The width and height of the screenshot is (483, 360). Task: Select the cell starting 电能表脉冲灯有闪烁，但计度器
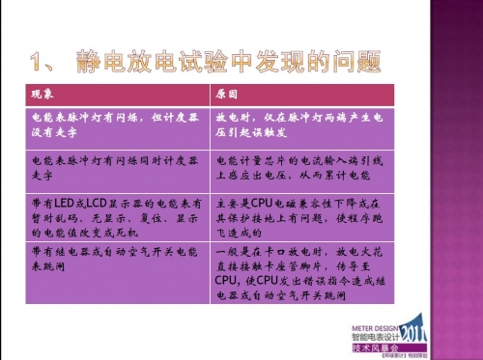(110, 121)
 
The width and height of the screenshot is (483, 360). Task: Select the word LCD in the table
(95, 205)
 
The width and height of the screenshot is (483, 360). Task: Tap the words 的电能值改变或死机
(72, 234)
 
